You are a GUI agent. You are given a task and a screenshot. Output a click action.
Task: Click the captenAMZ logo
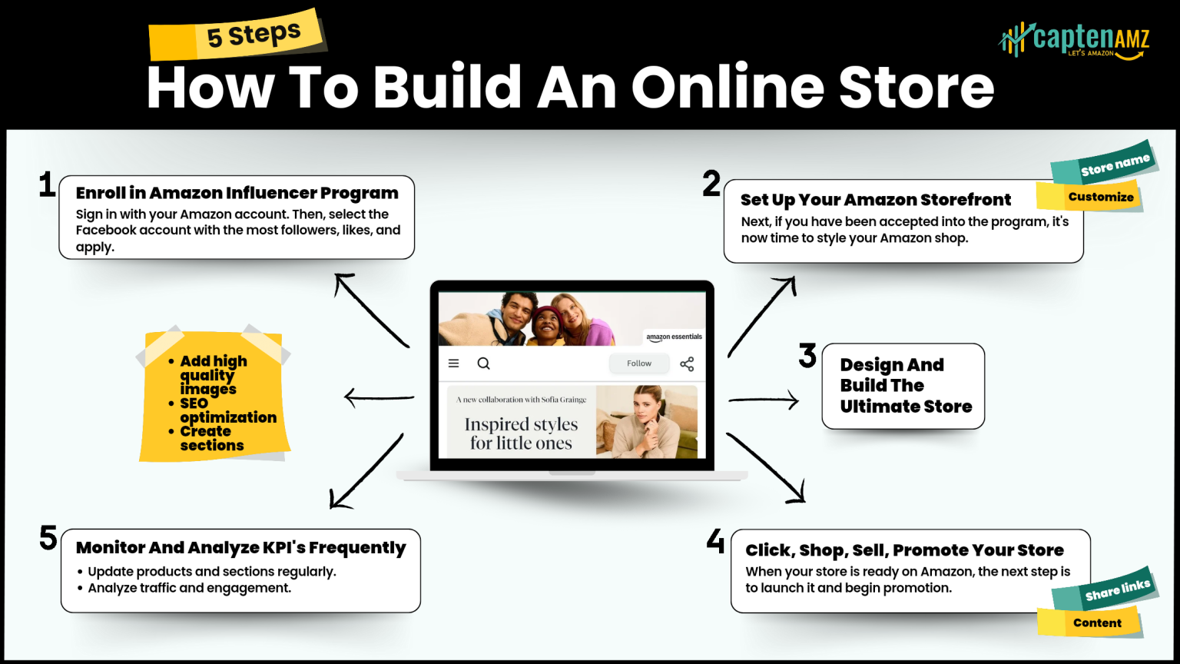1076,39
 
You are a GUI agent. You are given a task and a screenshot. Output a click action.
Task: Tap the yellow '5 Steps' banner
239,35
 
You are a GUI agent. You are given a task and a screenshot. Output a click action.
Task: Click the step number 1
47,185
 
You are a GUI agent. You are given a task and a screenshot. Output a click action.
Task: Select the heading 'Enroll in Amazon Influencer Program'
237,193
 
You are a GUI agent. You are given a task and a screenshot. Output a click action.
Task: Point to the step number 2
711,184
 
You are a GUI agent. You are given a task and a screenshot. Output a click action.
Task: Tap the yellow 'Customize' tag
1091,197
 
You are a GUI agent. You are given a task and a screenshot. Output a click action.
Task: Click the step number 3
807,355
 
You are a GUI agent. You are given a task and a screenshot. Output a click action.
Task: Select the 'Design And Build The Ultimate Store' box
903,386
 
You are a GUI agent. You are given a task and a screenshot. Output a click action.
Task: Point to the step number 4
715,541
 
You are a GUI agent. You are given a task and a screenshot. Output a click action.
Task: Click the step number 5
48,538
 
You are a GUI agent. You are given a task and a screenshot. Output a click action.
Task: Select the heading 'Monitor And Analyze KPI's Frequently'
240,548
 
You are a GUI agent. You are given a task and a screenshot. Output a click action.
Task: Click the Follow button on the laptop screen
638,364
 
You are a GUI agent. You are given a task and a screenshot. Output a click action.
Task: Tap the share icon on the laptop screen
687,364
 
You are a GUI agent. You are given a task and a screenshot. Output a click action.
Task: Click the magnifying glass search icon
483,364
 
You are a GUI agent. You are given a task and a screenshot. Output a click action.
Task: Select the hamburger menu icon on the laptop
454,364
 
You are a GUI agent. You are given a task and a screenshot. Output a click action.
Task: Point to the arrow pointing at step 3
764,400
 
